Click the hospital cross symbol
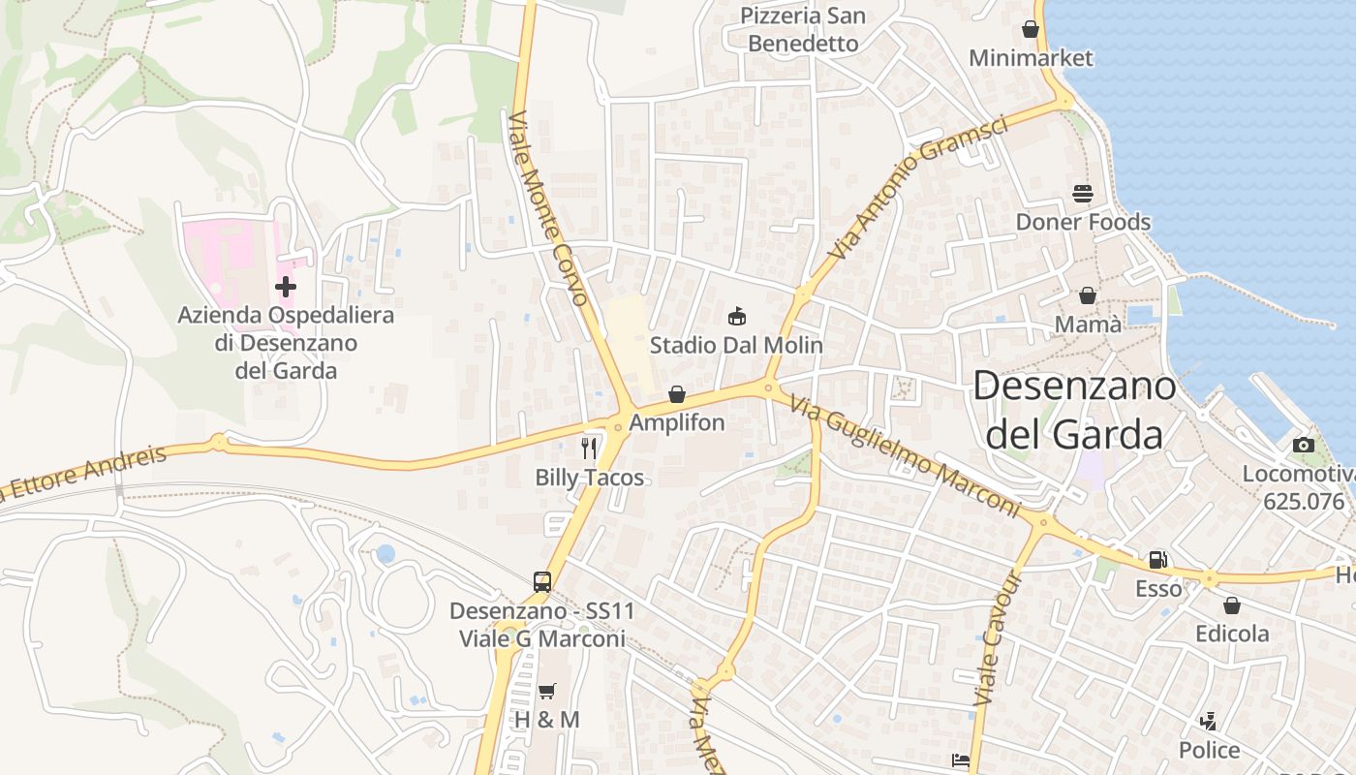pos(286,287)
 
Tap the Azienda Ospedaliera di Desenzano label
pos(286,343)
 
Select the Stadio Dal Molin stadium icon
pos(737,316)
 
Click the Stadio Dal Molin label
pos(736,345)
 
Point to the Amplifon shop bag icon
pos(677,394)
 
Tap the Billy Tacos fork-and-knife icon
pos(589,448)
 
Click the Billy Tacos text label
pos(589,477)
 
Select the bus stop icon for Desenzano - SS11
pos(542,582)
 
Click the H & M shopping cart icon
pos(547,691)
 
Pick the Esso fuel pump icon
pos(1157,560)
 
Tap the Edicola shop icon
pos(1232,605)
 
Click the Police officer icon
pos(1208,722)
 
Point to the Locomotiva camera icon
pos(1304,446)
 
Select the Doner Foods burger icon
pos(1083,194)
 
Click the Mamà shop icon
pos(1088,295)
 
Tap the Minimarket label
pos(1031,58)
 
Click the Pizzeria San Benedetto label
pos(803,30)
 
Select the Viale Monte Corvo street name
pos(548,208)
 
